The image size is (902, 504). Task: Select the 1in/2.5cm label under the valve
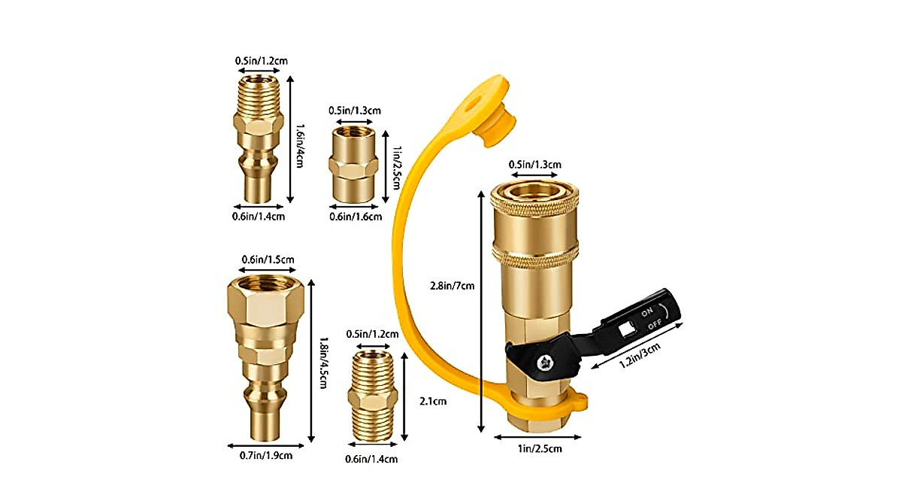[537, 449]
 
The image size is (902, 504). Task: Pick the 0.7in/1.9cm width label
[262, 455]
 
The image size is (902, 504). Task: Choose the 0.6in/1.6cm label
[356, 217]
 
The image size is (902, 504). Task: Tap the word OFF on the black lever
[655, 325]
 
